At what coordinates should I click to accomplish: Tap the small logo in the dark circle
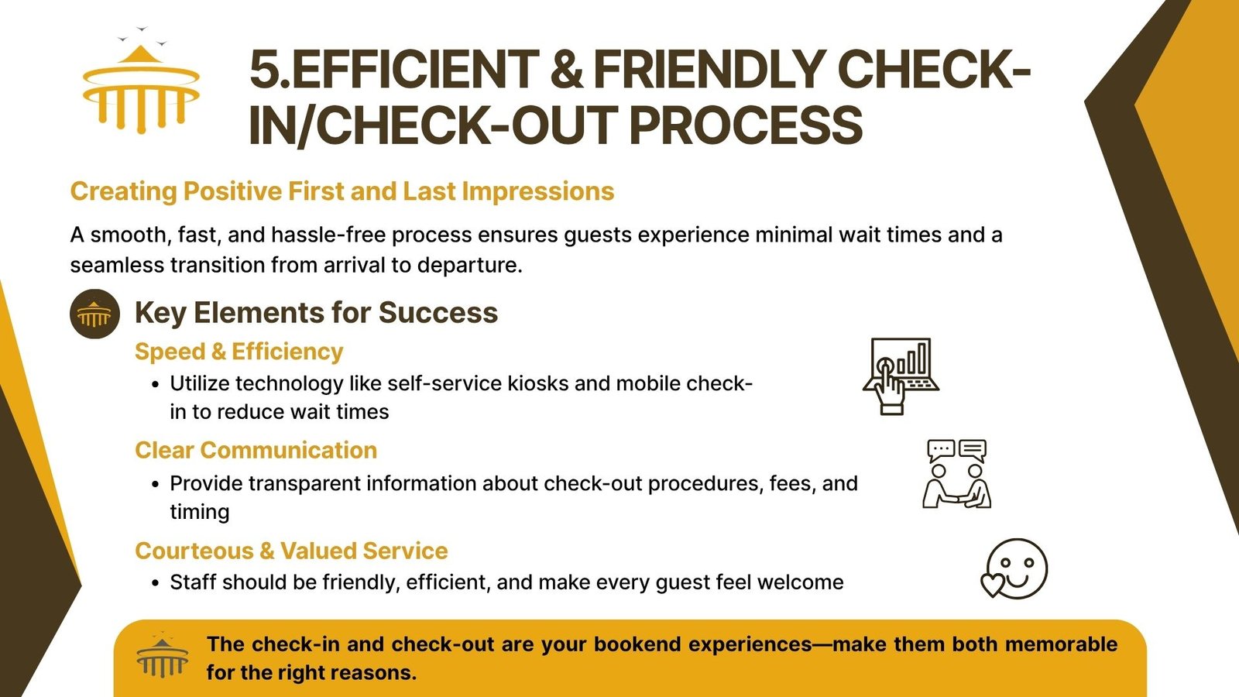94,314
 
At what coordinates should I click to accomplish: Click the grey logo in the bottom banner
162,657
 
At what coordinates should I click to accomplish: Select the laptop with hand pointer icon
901,376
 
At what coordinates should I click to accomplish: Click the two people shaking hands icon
956,474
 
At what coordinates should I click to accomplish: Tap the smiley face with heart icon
1014,568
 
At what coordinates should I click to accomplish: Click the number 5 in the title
265,70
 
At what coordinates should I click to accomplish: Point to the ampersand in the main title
566,70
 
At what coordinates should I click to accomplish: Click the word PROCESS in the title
746,125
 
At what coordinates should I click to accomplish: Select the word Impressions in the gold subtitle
537,191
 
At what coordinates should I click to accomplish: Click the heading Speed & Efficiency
239,352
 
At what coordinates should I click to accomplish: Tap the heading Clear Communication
256,450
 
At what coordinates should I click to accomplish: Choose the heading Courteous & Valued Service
291,551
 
